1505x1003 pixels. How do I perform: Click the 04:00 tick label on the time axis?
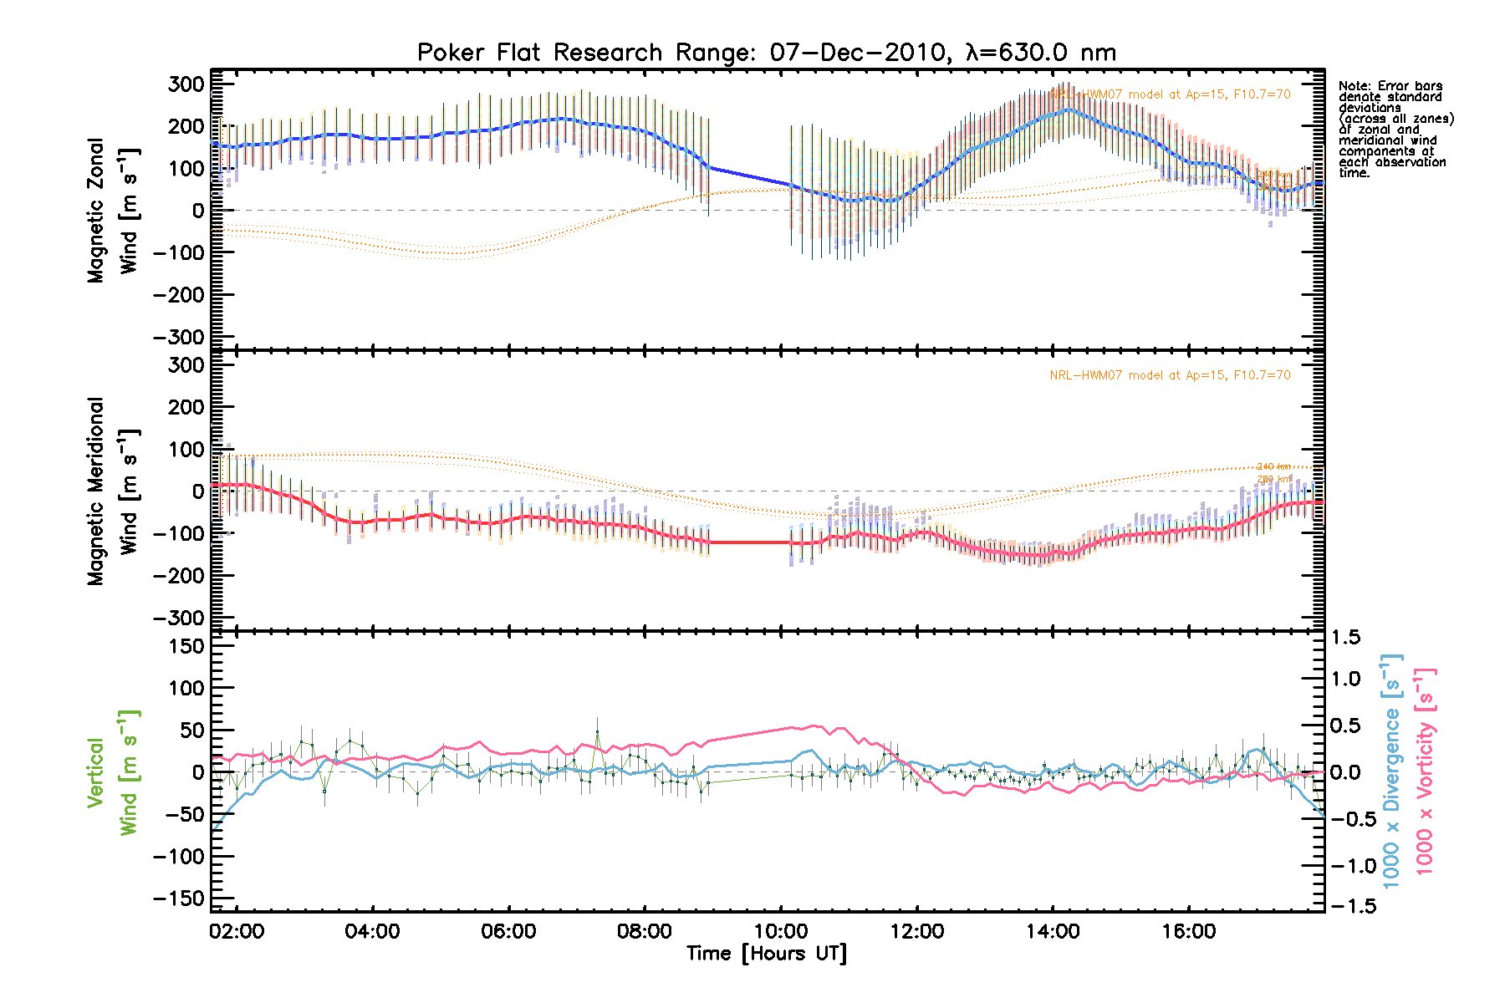372,931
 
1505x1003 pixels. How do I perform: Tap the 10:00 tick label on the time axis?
780,931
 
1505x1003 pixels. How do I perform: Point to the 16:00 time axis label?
1188,931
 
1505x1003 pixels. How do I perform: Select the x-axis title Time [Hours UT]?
766,954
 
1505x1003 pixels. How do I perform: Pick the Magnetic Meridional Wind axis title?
112,491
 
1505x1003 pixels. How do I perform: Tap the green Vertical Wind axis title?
112,772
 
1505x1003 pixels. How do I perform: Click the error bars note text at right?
1395,130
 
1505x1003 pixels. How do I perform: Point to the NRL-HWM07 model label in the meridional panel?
1170,375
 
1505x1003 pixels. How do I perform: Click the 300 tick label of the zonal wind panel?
186,84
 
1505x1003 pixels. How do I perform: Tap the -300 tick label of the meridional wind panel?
179,618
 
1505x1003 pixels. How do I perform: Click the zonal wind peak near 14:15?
1069,109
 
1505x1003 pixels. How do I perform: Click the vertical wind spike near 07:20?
597,732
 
